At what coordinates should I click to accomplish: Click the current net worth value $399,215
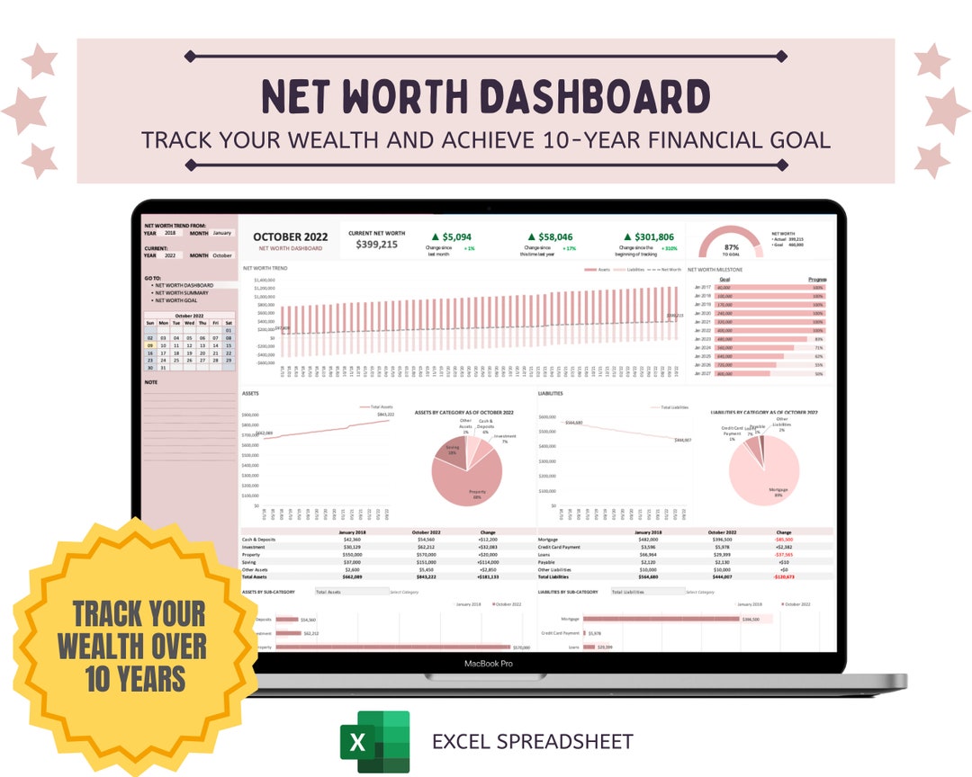(376, 244)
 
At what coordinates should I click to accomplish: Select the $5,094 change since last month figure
(457, 237)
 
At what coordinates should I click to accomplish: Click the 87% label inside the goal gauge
(731, 246)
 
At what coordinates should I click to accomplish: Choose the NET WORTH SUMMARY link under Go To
(181, 293)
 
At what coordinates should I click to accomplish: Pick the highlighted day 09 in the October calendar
(150, 345)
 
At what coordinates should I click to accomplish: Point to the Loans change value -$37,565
(784, 555)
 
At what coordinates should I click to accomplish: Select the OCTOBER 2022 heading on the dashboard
(290, 237)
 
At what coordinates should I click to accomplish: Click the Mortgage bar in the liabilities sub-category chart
(661, 619)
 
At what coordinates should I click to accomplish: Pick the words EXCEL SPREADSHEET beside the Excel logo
(532, 742)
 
